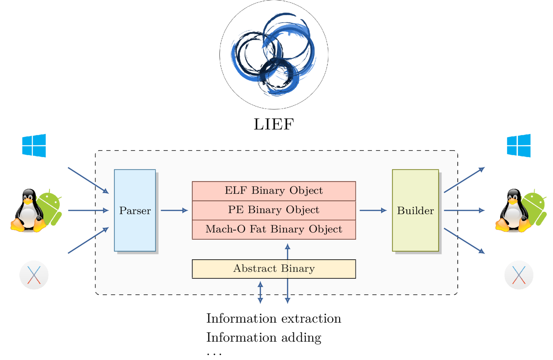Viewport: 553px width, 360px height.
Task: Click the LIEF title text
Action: coord(274,124)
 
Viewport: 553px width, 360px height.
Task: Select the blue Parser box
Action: coord(135,210)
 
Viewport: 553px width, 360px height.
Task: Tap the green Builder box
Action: coord(415,210)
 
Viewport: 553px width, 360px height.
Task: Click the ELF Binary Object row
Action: coord(274,191)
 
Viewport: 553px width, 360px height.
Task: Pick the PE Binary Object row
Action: coord(274,210)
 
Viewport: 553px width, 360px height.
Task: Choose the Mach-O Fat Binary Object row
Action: coord(274,230)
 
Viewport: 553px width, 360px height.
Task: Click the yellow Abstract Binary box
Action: coord(274,269)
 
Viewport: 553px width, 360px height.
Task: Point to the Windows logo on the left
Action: coord(34,145)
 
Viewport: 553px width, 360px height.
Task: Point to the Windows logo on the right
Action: coord(519,145)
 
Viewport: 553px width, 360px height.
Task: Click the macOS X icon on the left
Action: coord(34,275)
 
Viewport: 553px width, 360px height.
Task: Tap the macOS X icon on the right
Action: coord(519,275)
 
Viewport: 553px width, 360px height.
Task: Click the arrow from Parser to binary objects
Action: coord(174,210)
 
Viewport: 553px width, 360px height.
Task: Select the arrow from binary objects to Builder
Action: coord(373,210)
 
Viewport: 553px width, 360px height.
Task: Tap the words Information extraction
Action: coord(274,318)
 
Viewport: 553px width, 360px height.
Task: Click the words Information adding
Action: coord(264,338)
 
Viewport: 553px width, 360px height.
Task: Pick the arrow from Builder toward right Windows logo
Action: coord(464,180)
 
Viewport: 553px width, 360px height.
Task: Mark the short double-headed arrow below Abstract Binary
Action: coord(260,293)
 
